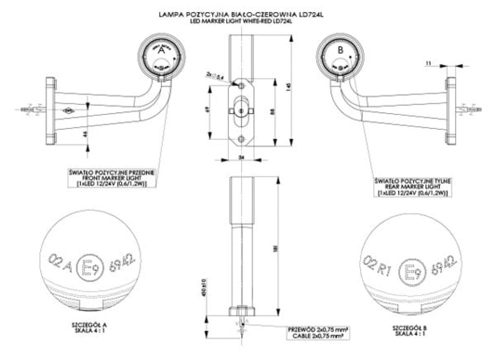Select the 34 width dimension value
tap(242, 157)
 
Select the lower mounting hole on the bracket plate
tap(242, 139)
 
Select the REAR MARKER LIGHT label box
tap(413, 186)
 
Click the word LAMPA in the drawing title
tap(169, 15)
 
